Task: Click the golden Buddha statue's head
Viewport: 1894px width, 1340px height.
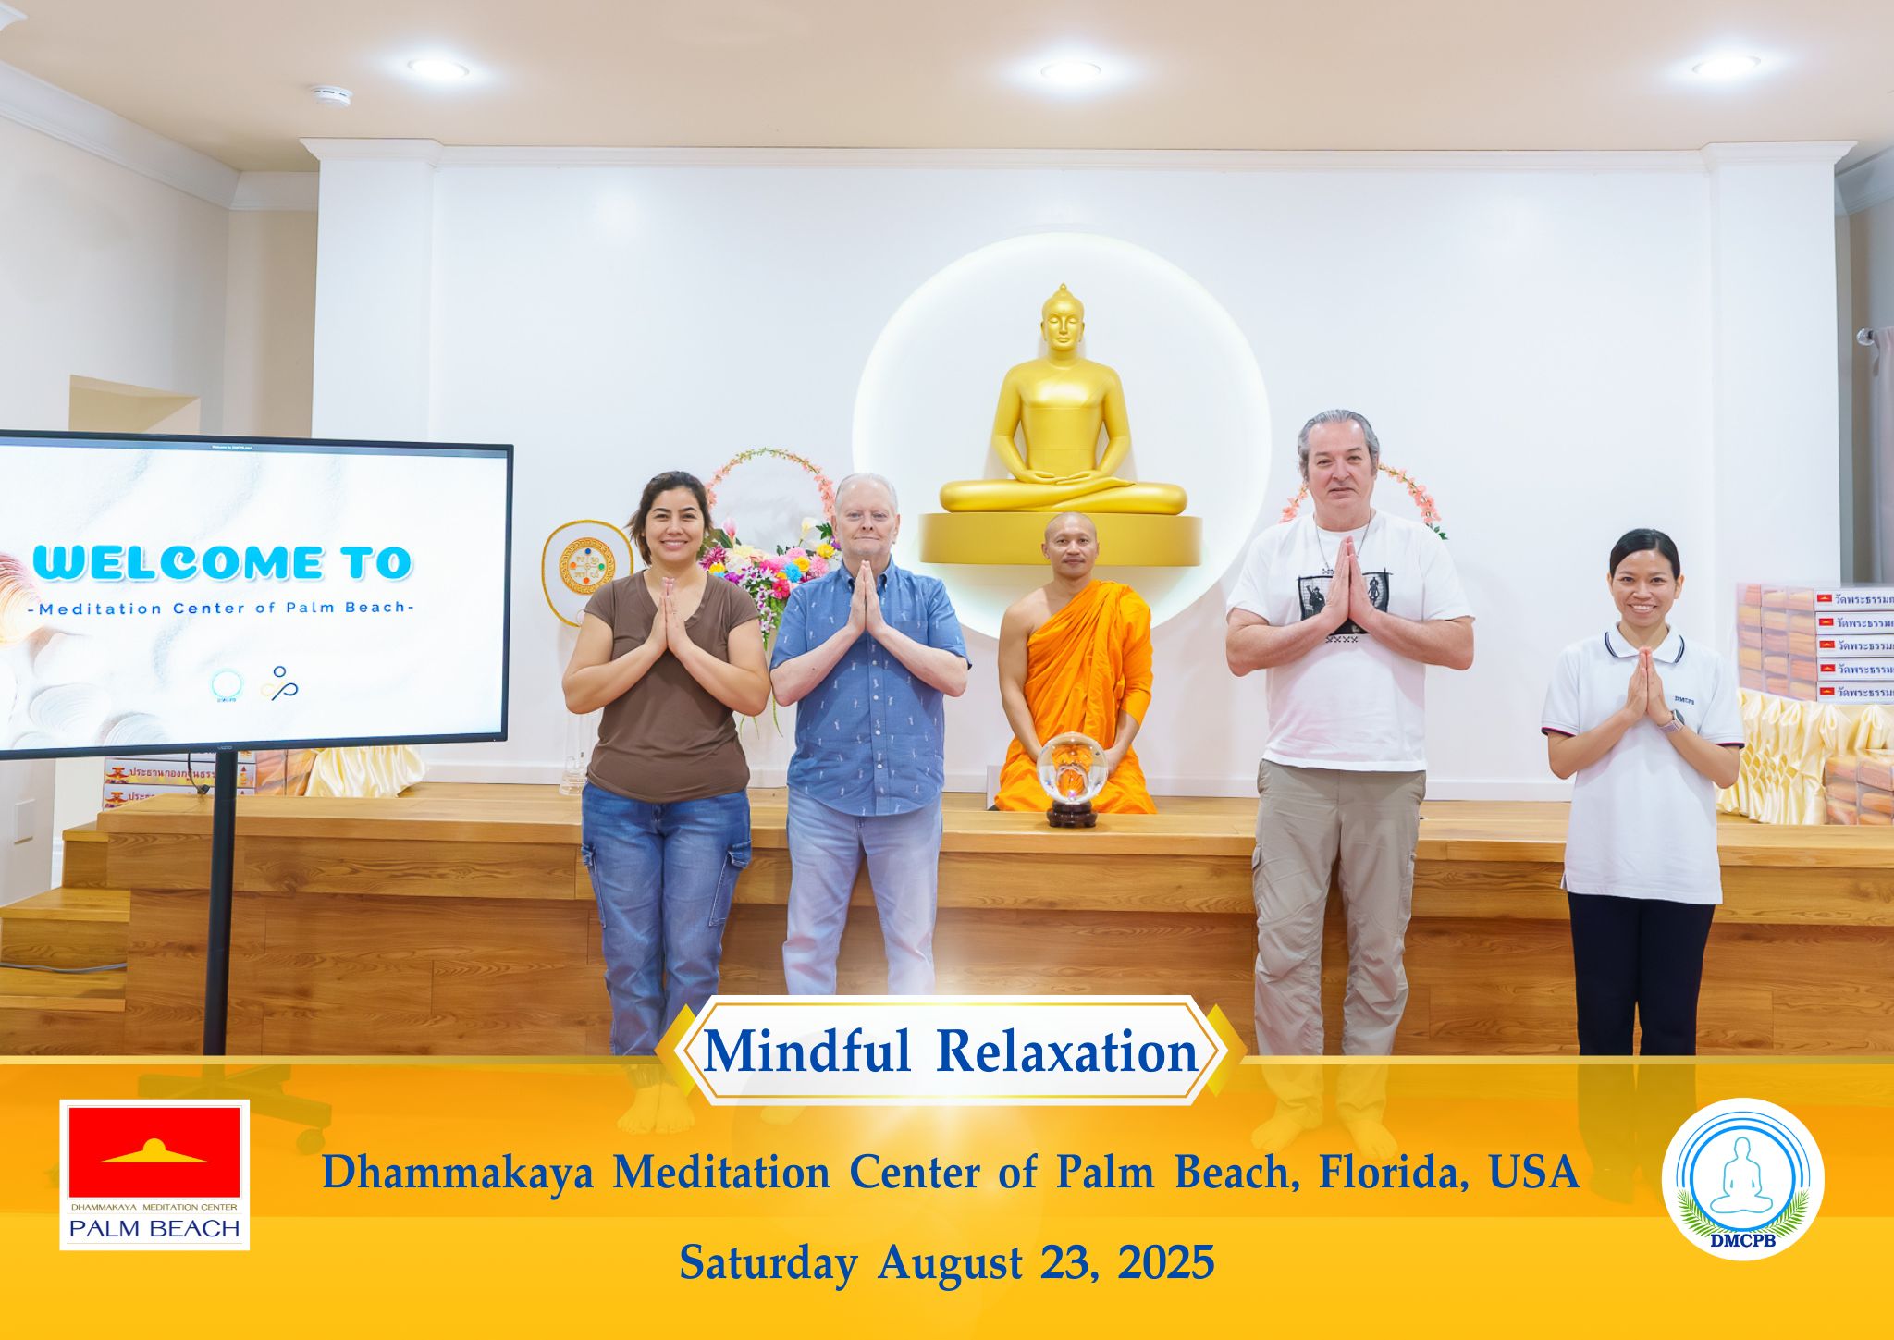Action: point(1063,323)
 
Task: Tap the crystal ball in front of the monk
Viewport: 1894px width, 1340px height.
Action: point(1072,767)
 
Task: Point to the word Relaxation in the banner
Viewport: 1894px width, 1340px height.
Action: point(1067,1052)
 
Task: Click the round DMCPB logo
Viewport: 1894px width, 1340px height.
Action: point(1741,1178)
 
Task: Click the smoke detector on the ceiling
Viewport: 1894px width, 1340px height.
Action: point(330,96)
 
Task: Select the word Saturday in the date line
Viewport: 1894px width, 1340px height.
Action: point(768,1262)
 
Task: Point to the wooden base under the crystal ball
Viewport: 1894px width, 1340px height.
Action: point(1072,817)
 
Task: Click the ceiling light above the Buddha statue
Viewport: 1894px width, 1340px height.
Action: point(1070,70)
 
